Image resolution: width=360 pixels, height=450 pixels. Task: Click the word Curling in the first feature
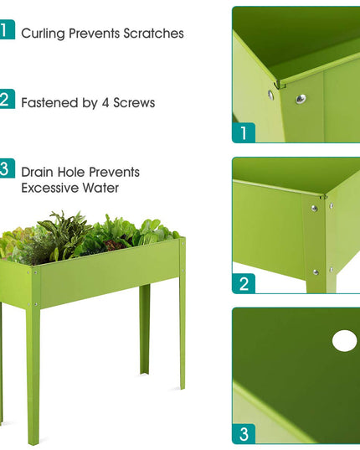(43, 34)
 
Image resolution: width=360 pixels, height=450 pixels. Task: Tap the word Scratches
(154, 34)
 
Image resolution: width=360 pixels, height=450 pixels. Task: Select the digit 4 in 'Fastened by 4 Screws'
(105, 103)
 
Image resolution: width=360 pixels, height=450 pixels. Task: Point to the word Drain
(38, 172)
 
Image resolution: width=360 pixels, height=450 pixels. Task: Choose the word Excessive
(50, 188)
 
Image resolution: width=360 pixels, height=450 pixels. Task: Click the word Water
(100, 188)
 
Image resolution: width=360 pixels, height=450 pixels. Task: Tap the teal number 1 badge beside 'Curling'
(7, 29)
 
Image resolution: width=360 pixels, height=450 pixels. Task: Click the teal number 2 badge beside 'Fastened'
(7, 99)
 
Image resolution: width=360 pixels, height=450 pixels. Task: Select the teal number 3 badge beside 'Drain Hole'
(7, 168)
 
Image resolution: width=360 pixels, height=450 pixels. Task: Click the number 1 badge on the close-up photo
(244, 132)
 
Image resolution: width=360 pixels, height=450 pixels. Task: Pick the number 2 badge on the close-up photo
(244, 283)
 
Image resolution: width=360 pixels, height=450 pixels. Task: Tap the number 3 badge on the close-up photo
(244, 433)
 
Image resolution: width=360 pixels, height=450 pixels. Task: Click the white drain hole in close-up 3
(345, 341)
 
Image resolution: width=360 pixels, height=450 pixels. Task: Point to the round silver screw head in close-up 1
(301, 99)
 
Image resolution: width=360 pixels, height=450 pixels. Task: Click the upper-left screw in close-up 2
(315, 209)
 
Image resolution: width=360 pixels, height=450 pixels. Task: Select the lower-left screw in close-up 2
(316, 272)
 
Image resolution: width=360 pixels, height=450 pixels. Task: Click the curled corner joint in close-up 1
(279, 85)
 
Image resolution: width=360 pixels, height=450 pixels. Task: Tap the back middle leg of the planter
(145, 329)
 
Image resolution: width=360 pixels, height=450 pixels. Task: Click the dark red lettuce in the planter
(114, 245)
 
